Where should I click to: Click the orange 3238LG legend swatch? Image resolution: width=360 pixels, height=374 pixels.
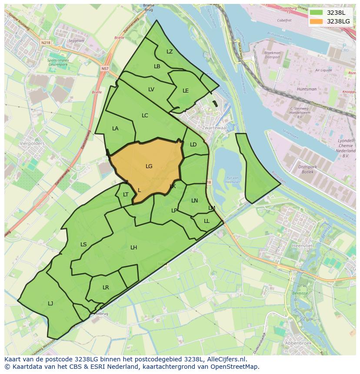pyautogui.click(x=317, y=21)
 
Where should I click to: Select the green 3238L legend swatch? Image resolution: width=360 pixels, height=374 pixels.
pyautogui.click(x=317, y=13)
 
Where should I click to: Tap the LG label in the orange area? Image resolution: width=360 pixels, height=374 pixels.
pyautogui.click(x=149, y=166)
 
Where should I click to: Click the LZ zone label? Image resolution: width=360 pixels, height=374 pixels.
pyautogui.click(x=170, y=51)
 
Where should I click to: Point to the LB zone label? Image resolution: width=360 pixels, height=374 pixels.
pyautogui.click(x=157, y=66)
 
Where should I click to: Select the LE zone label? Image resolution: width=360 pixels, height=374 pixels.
pyautogui.click(x=186, y=90)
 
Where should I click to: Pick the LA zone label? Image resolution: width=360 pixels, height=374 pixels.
pyautogui.click(x=115, y=128)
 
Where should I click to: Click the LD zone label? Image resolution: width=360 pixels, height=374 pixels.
pyautogui.click(x=193, y=144)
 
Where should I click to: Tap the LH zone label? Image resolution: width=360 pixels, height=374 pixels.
pyautogui.click(x=133, y=247)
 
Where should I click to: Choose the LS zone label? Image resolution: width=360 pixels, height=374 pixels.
pyautogui.click(x=83, y=244)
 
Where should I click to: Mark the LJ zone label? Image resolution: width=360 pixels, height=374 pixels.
pyautogui.click(x=50, y=303)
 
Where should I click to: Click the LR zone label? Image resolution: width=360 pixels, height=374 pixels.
pyautogui.click(x=106, y=287)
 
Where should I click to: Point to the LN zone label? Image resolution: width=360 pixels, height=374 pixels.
pyautogui.click(x=194, y=200)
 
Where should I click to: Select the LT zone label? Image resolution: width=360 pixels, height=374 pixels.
pyautogui.click(x=126, y=194)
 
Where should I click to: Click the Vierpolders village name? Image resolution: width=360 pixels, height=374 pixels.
pyautogui.click(x=32, y=142)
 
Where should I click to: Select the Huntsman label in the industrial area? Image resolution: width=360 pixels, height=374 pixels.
pyautogui.click(x=307, y=89)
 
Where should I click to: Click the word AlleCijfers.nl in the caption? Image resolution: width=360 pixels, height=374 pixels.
pyautogui.click(x=225, y=359)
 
